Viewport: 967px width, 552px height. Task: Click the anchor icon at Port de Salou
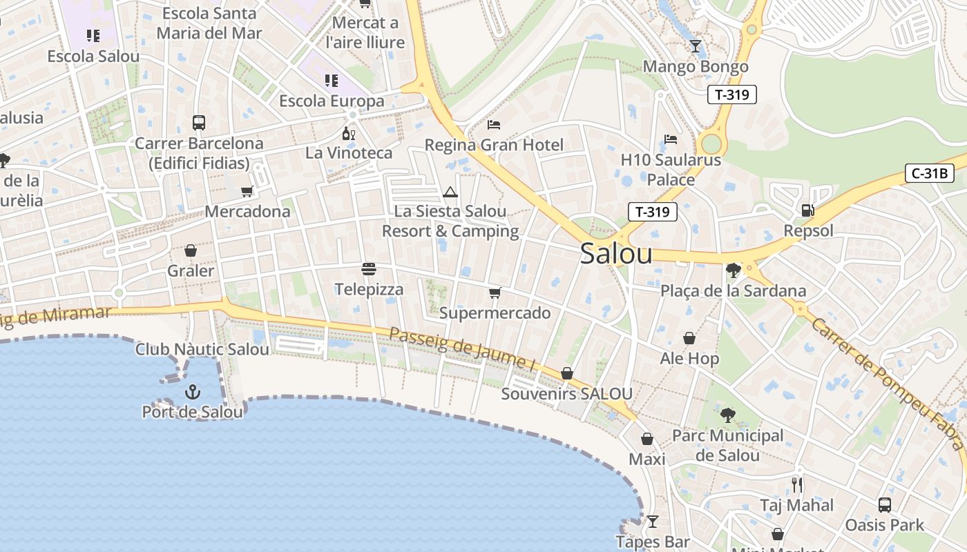[x=192, y=393]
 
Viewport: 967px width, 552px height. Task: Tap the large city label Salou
[x=616, y=254]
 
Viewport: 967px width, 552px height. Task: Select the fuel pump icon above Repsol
[x=807, y=210]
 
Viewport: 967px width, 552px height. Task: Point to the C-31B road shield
[x=929, y=173]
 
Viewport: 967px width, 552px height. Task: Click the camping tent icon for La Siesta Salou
[x=450, y=192]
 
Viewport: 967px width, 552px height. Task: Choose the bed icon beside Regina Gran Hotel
[x=494, y=125]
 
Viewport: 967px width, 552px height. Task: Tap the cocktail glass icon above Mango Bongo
[x=696, y=46]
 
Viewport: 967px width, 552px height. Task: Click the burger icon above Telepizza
[x=369, y=268]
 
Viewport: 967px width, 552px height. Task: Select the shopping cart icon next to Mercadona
[x=247, y=191]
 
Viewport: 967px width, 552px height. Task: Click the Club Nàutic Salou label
[x=202, y=349]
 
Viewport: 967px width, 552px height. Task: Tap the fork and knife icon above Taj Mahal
[x=797, y=484]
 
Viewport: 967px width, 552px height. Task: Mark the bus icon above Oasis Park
[x=885, y=505]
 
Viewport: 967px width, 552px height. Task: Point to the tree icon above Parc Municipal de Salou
[x=727, y=415]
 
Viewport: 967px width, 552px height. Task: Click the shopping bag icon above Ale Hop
[x=689, y=338]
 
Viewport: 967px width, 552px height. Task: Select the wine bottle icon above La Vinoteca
[x=349, y=133]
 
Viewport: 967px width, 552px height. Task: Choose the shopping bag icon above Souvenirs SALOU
[x=567, y=373]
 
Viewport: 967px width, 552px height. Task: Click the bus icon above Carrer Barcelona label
[x=199, y=123]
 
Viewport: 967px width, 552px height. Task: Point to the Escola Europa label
[x=332, y=101]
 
